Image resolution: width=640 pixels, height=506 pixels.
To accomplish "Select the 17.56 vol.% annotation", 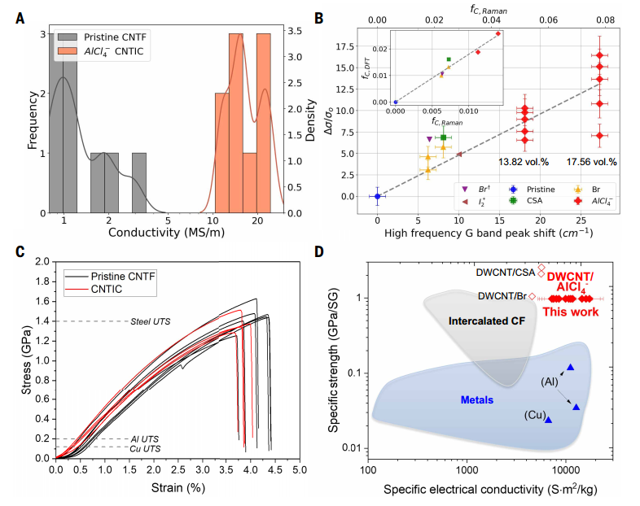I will coord(592,162).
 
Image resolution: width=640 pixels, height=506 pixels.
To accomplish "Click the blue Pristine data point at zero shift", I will coord(377,196).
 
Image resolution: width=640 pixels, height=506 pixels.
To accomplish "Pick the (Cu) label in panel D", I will coord(534,415).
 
